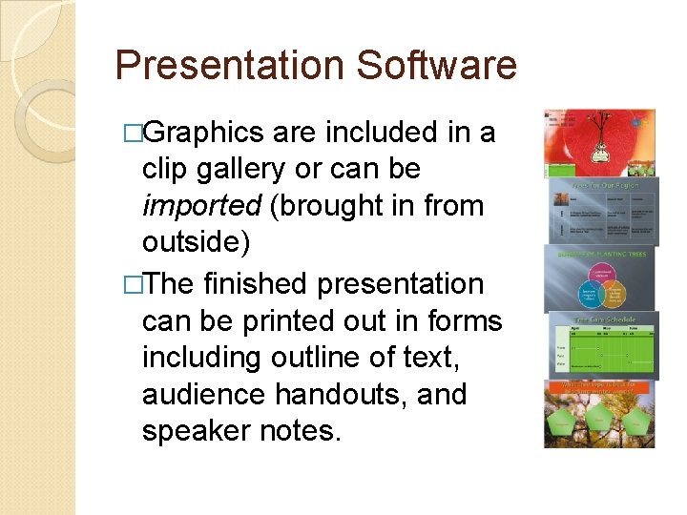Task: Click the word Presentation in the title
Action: coord(229,66)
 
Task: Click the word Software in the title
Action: coord(436,66)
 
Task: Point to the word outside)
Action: coord(196,243)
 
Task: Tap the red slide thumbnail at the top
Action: coord(599,140)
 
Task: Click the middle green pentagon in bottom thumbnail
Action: coord(599,419)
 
